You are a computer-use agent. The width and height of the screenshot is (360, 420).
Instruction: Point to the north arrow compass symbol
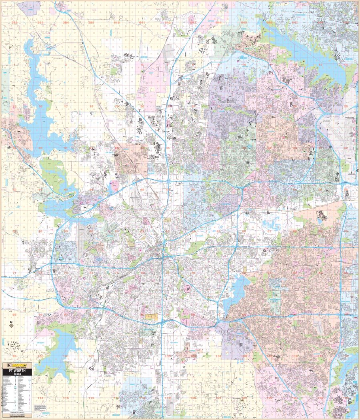(x=12, y=325)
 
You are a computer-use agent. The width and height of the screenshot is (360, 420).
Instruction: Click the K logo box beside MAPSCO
(x=6, y=365)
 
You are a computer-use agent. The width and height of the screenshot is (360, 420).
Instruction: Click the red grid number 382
(x=15, y=23)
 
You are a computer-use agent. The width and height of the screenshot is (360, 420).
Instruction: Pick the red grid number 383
(x=40, y=23)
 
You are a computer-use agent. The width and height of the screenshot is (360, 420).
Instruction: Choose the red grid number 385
(x=91, y=23)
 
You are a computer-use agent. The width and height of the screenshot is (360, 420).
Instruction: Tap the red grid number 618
(x=117, y=23)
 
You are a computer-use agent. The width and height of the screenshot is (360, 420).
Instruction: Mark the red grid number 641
(x=142, y=23)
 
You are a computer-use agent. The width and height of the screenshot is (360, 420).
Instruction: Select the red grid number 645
(x=244, y=23)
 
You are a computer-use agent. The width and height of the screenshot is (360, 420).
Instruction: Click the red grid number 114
(x=40, y=398)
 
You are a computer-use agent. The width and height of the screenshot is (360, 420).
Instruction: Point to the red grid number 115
(x=66, y=398)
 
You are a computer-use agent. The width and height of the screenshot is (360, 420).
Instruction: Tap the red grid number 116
(x=91, y=398)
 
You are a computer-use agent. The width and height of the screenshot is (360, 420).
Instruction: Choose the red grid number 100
(x=40, y=356)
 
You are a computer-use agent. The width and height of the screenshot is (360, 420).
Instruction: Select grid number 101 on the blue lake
(x=66, y=356)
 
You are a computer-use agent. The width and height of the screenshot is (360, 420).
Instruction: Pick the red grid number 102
(x=91, y=356)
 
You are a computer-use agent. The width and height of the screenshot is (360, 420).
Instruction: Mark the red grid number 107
(x=219, y=356)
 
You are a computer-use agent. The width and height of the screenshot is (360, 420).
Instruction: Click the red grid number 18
(x=91, y=106)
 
